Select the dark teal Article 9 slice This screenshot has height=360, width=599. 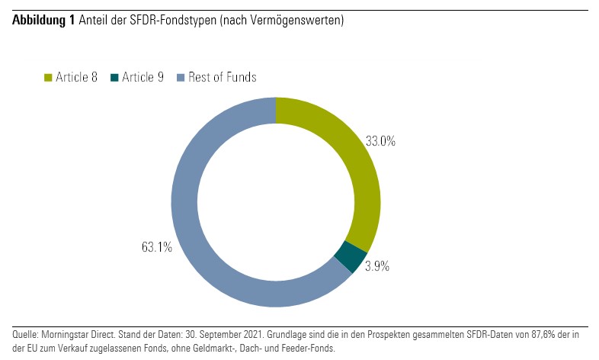point(351,256)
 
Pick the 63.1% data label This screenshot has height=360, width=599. point(157,247)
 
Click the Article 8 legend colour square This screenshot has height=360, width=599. point(49,78)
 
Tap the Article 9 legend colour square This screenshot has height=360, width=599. point(115,78)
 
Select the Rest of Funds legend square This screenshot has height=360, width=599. point(181,78)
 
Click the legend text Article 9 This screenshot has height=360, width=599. point(143,77)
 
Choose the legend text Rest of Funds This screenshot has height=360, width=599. point(222,77)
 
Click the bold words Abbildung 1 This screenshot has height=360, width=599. point(43,21)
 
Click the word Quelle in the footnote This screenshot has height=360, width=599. point(26,335)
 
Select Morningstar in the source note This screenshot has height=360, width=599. point(66,335)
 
